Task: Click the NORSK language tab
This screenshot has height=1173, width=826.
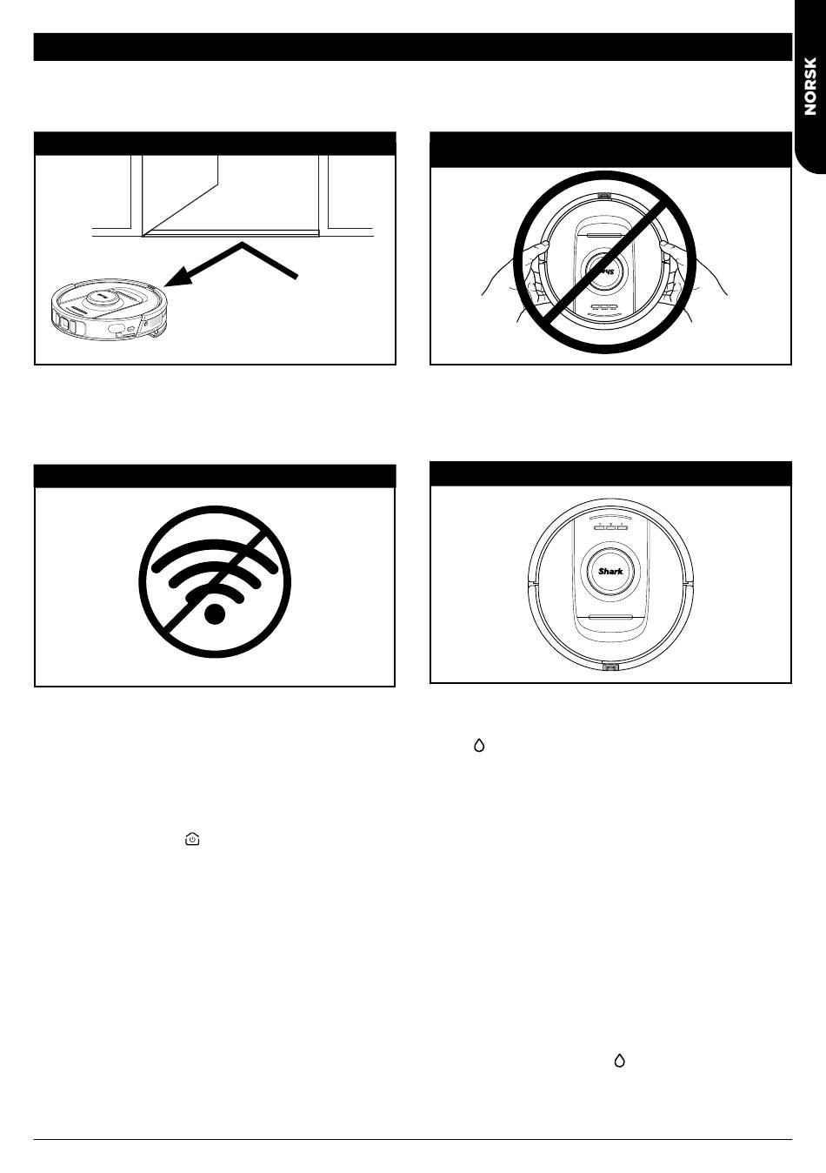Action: tap(809, 86)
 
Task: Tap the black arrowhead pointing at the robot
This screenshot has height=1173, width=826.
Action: tap(178, 276)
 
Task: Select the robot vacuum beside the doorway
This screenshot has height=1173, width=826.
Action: tap(109, 306)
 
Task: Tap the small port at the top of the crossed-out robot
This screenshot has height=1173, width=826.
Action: tap(604, 196)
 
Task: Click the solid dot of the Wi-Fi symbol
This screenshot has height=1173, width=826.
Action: tap(215, 613)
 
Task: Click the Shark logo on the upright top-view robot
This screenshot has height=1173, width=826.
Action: tap(610, 572)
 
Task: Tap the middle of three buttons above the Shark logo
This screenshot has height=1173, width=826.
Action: tap(610, 526)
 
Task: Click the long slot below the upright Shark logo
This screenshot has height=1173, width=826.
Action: tap(610, 618)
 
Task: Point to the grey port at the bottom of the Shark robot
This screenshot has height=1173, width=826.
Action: tap(610, 667)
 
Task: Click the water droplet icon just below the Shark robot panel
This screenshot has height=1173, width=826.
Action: tap(479, 746)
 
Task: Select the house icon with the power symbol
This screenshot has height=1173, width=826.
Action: tap(192, 839)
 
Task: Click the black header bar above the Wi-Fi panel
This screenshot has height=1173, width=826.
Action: tap(215, 476)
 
